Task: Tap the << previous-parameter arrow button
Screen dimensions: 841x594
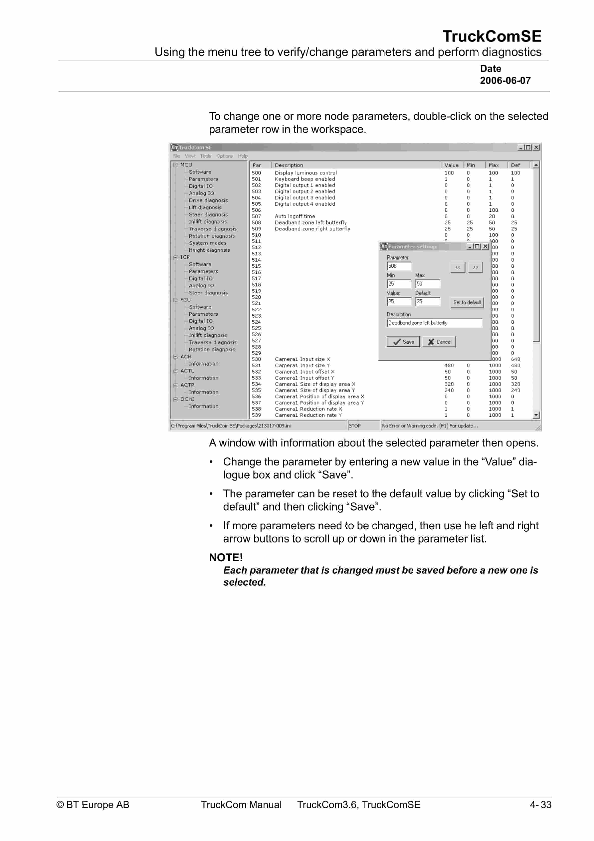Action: (458, 267)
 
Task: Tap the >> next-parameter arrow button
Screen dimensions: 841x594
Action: (475, 267)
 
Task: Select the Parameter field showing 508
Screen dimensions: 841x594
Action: (399, 266)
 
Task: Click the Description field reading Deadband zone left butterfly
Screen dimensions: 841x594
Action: (434, 323)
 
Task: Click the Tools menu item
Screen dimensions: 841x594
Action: (205, 156)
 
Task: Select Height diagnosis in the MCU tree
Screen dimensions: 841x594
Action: (209, 250)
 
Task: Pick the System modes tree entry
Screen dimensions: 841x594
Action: (207, 243)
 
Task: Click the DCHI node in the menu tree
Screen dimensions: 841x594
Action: (187, 399)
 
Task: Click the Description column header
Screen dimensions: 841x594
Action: (289, 165)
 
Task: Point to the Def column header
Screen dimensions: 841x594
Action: (515, 165)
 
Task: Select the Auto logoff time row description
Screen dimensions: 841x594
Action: (295, 216)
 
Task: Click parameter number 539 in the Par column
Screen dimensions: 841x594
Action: (256, 415)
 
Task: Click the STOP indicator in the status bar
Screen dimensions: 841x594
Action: (354, 426)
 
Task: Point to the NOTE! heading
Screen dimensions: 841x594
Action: (226, 558)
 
